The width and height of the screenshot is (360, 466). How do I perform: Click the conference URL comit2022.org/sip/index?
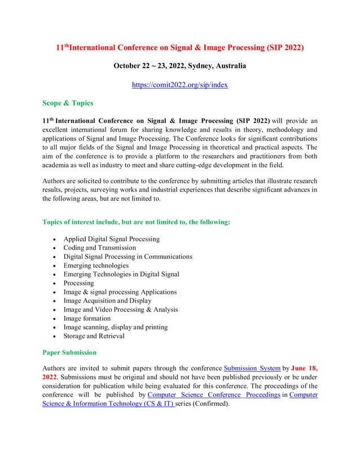click(x=179, y=85)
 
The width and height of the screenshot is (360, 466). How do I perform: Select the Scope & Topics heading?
click(x=68, y=103)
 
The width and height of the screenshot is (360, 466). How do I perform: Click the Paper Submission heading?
click(x=69, y=352)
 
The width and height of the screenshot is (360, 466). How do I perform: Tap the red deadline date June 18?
click(x=304, y=368)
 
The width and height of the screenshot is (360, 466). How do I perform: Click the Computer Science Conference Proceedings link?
click(x=213, y=394)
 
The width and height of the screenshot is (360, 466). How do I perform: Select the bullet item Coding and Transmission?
click(x=99, y=248)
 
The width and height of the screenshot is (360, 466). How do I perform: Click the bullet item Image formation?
click(x=87, y=318)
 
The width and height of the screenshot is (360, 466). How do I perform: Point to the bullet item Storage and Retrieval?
click(x=94, y=336)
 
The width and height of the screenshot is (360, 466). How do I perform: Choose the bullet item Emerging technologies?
click(x=96, y=265)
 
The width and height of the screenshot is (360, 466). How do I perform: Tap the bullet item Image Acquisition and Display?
click(x=107, y=301)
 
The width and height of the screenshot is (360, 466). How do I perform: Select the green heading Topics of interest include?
click(x=136, y=222)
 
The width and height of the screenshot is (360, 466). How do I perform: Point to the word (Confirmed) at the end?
click(x=212, y=403)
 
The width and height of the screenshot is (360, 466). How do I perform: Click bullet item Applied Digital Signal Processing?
click(x=111, y=239)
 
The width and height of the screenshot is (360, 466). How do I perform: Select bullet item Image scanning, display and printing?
click(x=115, y=327)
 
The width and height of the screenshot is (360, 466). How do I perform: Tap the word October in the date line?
click(x=129, y=66)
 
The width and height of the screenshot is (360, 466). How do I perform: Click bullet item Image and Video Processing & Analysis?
click(x=120, y=309)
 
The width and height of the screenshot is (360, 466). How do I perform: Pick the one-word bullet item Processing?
click(x=78, y=283)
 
